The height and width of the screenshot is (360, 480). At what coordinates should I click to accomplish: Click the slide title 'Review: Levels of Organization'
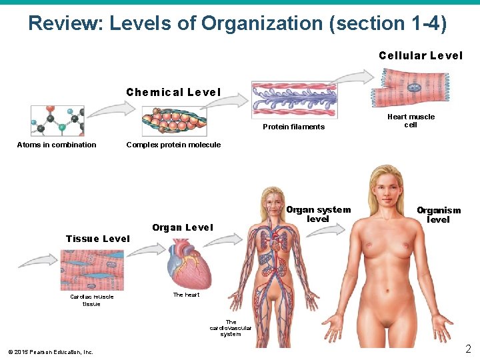coord(237,24)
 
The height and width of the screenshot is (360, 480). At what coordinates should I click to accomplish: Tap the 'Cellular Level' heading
coord(420,56)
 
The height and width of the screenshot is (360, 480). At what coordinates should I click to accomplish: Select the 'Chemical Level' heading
coord(173,92)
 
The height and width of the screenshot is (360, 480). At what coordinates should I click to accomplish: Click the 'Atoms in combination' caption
coord(57,145)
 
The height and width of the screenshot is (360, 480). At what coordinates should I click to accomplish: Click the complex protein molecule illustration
coord(175,122)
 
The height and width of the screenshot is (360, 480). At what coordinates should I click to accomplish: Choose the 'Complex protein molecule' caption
coord(173,145)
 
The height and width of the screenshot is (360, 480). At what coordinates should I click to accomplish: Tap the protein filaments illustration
coord(294,101)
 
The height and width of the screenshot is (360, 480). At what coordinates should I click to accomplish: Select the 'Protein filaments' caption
coord(294,127)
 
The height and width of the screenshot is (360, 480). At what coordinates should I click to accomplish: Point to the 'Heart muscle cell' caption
coord(411,121)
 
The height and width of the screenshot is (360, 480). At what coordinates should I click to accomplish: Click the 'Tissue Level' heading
coord(97,239)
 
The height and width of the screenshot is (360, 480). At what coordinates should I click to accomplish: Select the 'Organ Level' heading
coord(182,228)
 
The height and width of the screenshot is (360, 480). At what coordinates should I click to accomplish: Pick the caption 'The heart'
coord(186,295)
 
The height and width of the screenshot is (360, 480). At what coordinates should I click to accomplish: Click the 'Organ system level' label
coord(318,214)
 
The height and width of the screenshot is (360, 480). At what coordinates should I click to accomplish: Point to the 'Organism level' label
coord(439,215)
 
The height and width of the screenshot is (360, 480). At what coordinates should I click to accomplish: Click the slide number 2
coord(468,349)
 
